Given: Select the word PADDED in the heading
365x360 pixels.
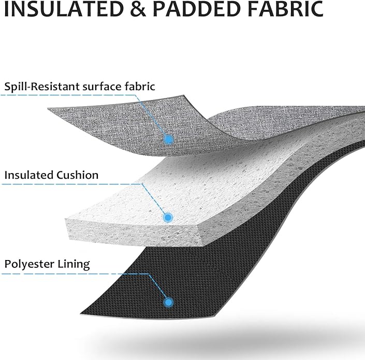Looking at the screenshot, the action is [x=197, y=9].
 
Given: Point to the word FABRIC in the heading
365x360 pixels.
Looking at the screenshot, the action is [x=285, y=9].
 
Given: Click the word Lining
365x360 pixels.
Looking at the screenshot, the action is [x=74, y=265].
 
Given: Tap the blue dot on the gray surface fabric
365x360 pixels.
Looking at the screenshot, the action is [x=169, y=140].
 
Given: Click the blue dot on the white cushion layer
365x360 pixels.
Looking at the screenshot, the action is [x=168, y=218].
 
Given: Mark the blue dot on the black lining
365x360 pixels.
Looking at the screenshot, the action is [x=168, y=303].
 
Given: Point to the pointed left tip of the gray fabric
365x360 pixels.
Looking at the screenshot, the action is [x=48, y=108].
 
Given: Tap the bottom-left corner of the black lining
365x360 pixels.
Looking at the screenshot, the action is [x=81, y=313].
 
